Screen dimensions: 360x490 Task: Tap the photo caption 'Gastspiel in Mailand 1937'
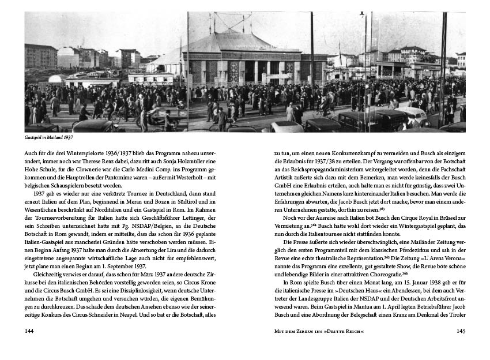point(49,138)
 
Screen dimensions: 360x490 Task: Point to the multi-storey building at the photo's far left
point(40,57)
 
